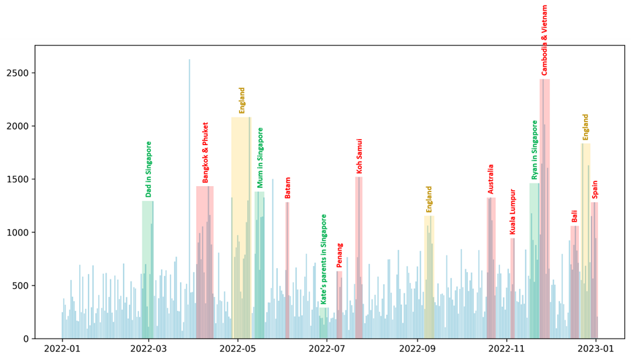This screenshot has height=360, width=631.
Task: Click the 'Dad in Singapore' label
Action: tap(149, 169)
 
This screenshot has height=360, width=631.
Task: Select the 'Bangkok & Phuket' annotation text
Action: tap(206, 152)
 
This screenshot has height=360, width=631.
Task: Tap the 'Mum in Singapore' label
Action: tap(260, 158)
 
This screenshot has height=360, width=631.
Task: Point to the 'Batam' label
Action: tap(288, 187)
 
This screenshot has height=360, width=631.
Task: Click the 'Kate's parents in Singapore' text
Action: tap(324, 259)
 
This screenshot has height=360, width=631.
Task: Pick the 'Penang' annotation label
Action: tap(340, 255)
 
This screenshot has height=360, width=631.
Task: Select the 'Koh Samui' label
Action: tap(360, 156)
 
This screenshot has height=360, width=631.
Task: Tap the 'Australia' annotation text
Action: tap(491, 179)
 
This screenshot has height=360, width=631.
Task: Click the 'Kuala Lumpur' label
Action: tap(513, 212)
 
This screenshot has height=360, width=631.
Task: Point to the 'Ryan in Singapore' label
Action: tap(535, 150)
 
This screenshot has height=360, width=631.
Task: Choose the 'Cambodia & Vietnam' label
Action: tap(544, 40)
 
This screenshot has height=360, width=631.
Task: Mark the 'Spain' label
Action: tap(595, 189)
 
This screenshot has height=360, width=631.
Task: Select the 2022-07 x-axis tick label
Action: tap(327, 349)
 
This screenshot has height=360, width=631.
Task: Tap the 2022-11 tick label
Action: tap(506, 349)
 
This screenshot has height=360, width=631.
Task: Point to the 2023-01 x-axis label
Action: tap(596, 349)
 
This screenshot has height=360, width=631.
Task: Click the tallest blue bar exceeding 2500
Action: tap(189, 201)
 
